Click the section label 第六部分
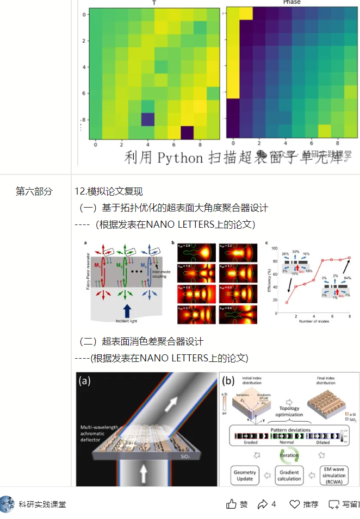34,191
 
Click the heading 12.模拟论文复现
108,191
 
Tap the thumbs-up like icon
232,504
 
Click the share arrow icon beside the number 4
263,504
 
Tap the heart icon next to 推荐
294,504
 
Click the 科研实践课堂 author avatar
7,504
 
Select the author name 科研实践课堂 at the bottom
42,504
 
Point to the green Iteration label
289,455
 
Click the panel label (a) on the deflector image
86,381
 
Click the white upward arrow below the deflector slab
144,474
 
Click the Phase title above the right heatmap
291,3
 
